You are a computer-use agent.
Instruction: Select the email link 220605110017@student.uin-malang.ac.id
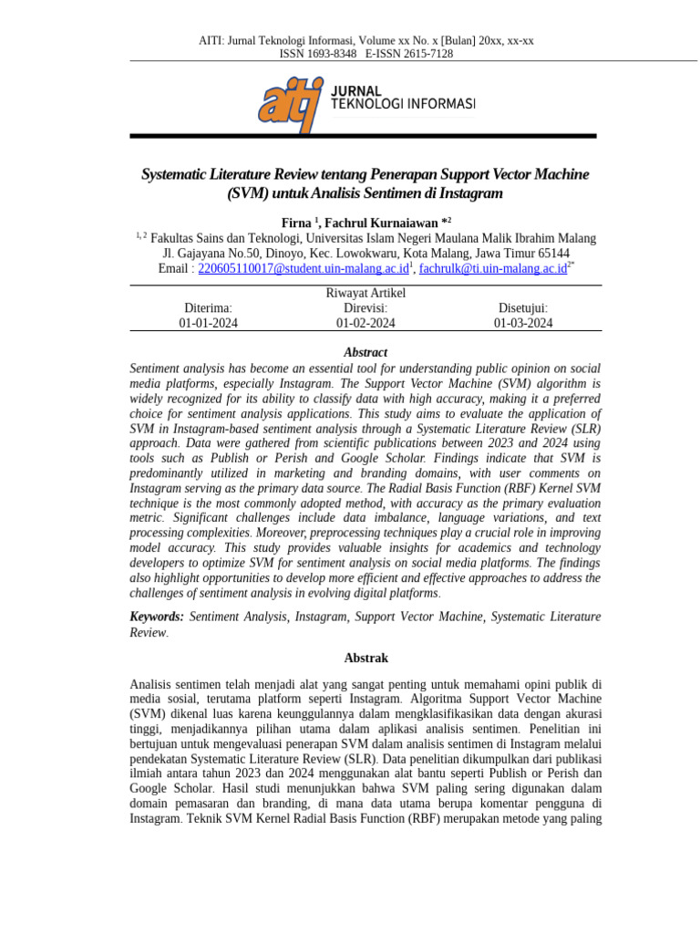point(303,268)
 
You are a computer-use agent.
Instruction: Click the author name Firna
point(296,223)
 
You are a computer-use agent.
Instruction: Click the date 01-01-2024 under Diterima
point(209,323)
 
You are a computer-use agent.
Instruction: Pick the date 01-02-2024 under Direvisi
point(365,323)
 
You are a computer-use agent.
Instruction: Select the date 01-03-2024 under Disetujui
point(523,323)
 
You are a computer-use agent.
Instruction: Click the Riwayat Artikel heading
point(365,293)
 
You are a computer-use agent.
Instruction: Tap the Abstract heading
point(365,352)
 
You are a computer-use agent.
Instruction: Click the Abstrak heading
point(365,658)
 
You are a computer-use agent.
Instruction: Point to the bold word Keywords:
point(157,617)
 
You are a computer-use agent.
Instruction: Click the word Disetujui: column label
point(523,308)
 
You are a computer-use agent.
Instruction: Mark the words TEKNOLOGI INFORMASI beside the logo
point(402,104)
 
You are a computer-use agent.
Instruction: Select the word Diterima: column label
point(209,308)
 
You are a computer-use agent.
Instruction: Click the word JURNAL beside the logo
point(355,91)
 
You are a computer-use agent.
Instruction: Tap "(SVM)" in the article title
point(248,193)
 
